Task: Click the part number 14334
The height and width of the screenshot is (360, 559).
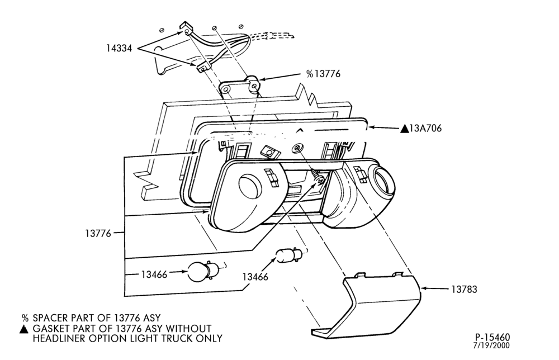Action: tap(119, 48)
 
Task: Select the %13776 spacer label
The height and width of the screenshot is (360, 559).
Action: tap(323, 74)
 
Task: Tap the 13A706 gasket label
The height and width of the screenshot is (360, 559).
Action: tap(421, 129)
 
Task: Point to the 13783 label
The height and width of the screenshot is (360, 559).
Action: tap(464, 289)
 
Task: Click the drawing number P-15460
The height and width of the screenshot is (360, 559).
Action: tap(492, 337)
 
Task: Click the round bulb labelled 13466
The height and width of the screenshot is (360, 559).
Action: tap(200, 272)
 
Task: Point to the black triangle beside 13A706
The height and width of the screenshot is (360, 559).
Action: tap(404, 129)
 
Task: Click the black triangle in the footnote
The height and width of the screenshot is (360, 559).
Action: tap(23, 329)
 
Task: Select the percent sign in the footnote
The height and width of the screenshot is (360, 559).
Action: tap(25, 318)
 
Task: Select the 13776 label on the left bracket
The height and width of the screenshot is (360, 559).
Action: tap(98, 234)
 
